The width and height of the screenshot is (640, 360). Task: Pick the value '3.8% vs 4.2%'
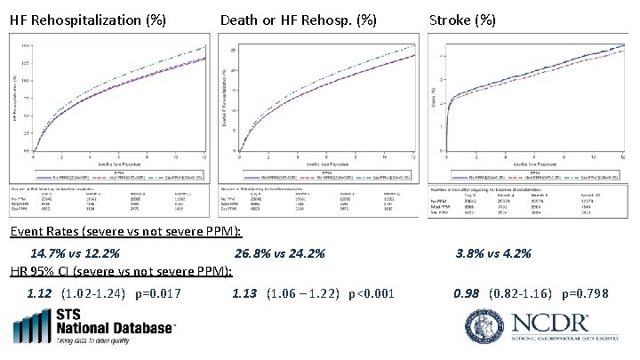[492, 254]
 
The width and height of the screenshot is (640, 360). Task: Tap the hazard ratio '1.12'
[40, 293]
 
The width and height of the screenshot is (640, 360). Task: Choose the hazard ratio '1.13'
[244, 293]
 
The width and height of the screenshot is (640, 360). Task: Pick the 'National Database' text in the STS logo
[116, 329]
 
